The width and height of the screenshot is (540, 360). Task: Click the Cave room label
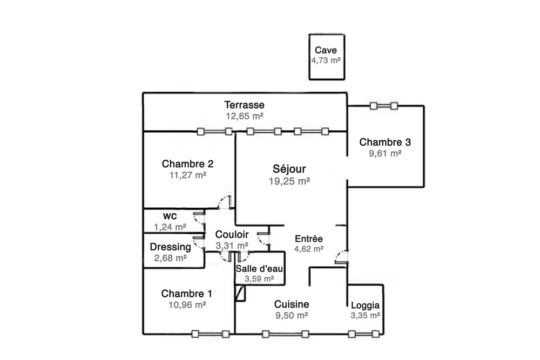(326, 50)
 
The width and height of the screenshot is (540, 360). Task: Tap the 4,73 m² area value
(326, 61)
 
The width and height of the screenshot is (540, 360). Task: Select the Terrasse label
(245, 105)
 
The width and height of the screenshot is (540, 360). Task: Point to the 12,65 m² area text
(245, 116)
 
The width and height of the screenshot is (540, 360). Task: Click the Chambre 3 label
(385, 142)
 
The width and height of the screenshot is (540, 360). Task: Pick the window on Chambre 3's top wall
(383, 106)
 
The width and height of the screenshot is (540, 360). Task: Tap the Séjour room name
(289, 169)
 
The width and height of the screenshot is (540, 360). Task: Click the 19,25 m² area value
(289, 181)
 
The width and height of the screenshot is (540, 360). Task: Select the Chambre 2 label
(188, 164)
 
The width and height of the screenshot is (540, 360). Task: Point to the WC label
(170, 216)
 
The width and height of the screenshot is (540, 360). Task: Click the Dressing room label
(170, 247)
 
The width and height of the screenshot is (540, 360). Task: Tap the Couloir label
(232, 235)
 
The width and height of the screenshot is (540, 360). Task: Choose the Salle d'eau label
(259, 269)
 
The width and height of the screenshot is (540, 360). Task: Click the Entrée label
(309, 239)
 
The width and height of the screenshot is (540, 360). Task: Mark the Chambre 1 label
(186, 294)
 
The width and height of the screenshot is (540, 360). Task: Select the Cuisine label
(291, 304)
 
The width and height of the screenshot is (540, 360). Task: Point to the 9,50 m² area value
(291, 316)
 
